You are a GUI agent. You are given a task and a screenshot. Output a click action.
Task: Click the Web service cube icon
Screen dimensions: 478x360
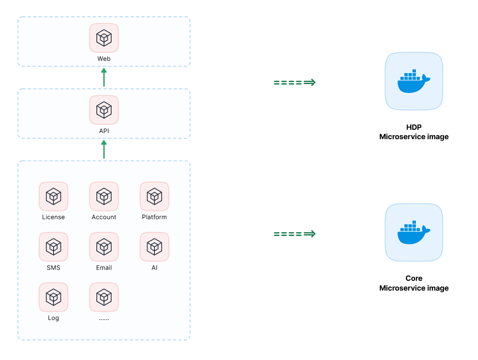104,38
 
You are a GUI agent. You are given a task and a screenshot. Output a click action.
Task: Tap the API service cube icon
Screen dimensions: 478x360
104,110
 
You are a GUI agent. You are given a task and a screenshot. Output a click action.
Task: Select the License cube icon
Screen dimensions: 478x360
54,196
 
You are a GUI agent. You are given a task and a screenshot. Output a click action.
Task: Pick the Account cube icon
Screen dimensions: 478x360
104,196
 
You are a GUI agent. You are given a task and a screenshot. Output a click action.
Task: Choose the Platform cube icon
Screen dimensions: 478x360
154,196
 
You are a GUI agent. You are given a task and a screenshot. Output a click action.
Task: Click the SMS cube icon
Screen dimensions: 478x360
54,247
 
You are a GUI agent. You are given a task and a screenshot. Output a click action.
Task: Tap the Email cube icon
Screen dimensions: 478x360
104,247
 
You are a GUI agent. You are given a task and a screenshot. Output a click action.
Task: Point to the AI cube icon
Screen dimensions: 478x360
154,247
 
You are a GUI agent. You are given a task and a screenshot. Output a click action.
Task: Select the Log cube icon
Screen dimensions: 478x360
54,297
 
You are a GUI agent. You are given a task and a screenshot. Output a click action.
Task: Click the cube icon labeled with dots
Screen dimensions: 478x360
104,297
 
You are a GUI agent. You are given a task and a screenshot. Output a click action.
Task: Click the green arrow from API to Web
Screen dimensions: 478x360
104,78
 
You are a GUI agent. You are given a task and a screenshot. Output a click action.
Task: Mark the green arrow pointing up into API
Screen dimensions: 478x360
104,149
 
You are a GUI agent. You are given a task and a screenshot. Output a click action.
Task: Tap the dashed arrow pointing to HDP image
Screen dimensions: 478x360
295,82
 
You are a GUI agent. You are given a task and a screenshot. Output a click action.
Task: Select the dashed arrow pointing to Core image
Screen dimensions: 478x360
295,234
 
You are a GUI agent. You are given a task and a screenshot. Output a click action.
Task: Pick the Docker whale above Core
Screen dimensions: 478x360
414,232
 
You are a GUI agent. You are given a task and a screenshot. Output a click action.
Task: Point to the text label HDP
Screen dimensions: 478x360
414,127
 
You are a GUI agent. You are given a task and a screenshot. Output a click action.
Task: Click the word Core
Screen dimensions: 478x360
414,278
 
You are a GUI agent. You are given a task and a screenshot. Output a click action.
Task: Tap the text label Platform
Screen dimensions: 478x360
154,217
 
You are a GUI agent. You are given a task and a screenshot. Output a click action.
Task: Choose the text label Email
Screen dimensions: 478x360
104,268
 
